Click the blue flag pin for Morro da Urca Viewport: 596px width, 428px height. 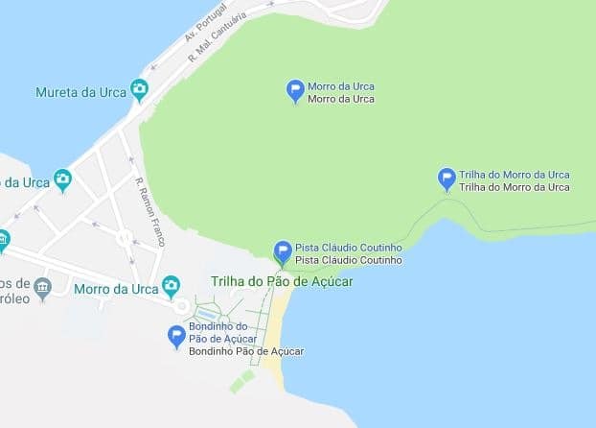pos(296,90)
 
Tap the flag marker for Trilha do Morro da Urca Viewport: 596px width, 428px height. pos(446,178)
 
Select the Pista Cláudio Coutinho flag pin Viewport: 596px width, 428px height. pos(283,251)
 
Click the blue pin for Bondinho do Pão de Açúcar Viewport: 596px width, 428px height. pos(176,336)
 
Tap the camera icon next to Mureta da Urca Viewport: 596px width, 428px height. pos(140,91)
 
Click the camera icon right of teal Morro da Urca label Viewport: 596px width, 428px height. pos(171,286)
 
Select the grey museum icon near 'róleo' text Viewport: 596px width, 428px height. pos(42,286)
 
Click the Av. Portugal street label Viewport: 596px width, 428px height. pos(206,24)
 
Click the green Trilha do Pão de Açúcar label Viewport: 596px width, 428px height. pos(282,281)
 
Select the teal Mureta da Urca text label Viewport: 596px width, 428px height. pos(80,93)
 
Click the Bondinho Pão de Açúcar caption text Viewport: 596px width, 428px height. pos(245,351)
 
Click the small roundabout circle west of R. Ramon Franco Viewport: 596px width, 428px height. pos(125,236)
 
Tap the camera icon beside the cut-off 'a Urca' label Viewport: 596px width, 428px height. pos(62,179)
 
